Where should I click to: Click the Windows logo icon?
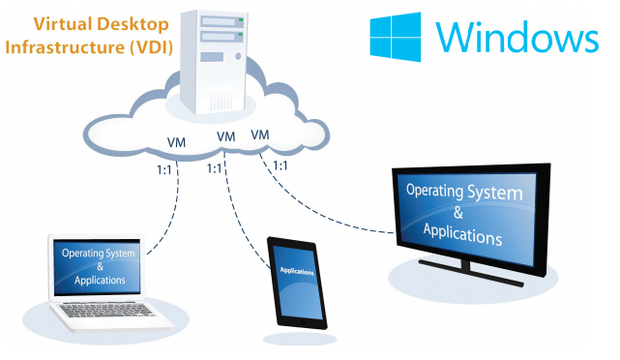point(395,37)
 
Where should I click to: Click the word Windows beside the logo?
point(517,37)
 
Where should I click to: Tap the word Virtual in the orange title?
point(63,24)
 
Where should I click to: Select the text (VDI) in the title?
point(151,47)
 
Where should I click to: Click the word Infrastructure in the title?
point(65,47)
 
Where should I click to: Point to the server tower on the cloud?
point(213,61)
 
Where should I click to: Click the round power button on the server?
point(238,56)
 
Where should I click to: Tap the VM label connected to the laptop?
point(176,142)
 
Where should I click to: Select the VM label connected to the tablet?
point(225,136)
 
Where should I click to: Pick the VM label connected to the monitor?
point(260,135)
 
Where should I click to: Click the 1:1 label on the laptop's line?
point(164,170)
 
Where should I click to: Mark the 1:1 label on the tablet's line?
point(215,169)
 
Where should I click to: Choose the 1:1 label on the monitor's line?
point(280,165)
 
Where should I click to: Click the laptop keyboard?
point(106,310)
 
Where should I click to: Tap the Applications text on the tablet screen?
point(297,271)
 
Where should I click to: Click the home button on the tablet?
point(304,322)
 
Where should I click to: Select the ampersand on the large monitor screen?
point(458,213)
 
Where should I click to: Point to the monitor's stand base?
point(471,273)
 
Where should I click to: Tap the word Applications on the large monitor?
point(462,234)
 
